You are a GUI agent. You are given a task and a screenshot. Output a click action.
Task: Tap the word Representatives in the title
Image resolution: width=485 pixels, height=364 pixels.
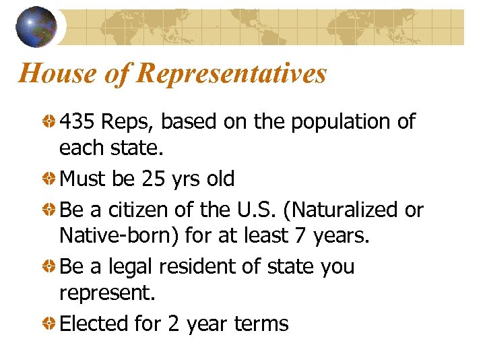231,73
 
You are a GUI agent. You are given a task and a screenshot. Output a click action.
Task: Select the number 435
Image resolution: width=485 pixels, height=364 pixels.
77,122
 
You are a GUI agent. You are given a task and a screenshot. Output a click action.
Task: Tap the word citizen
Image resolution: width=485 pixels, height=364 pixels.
135,210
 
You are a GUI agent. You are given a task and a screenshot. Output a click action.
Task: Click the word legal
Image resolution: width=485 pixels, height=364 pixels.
129,267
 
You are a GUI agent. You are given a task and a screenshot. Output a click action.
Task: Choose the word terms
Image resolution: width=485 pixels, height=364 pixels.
261,324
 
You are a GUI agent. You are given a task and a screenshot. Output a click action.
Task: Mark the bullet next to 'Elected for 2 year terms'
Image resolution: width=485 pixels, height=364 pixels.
51,324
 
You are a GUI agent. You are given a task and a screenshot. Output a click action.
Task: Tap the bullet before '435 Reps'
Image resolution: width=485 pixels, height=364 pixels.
51,123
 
